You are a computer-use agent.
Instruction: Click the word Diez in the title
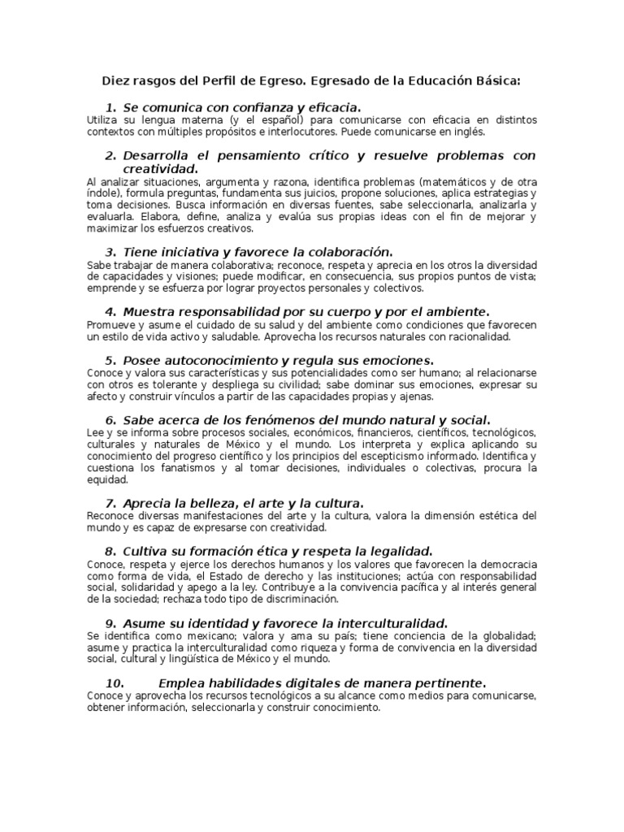tap(115, 81)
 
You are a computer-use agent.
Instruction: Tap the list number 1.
tap(110, 107)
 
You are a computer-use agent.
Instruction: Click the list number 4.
tap(110, 312)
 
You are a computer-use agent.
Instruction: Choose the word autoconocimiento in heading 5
tap(221, 360)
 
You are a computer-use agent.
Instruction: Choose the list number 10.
tap(114, 682)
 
